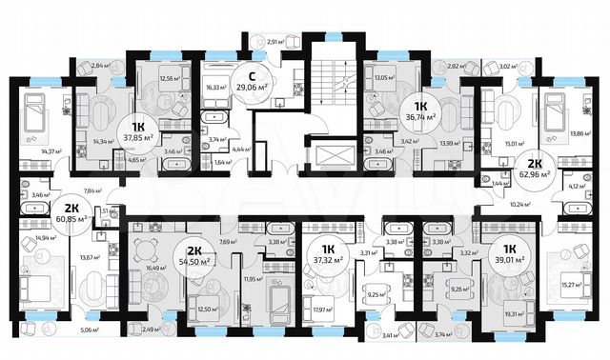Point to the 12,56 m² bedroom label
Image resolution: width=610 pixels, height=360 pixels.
[169, 78]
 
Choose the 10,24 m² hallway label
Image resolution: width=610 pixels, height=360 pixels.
[519, 204]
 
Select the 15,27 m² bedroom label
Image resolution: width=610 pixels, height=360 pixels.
[570, 282]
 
